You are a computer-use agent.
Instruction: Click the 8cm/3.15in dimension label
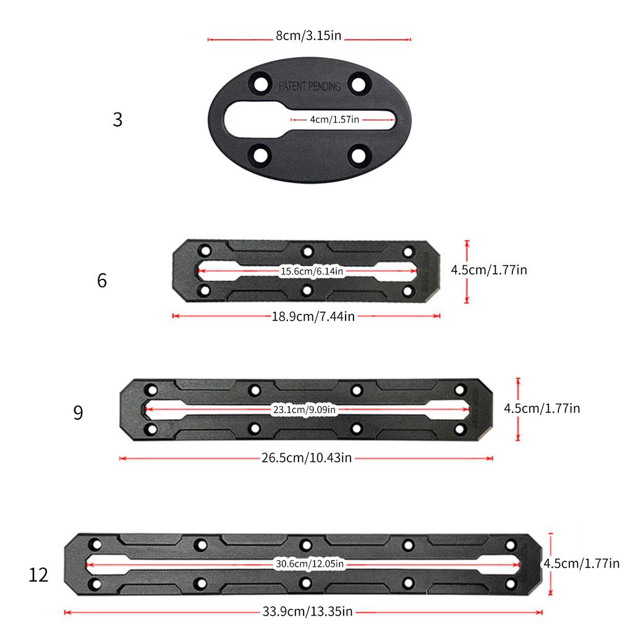pos(308,36)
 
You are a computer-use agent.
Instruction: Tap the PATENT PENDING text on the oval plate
pos(309,87)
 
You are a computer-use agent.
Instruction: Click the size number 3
pos(117,120)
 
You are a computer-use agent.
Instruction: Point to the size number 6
pos(102,281)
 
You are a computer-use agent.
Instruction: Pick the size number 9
pos(78,413)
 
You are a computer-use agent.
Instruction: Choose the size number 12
pos(38,576)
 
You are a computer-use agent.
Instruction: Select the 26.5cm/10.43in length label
pos(306,458)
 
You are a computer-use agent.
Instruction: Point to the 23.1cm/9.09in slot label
pos(304,409)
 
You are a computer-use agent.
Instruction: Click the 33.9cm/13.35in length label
pos(307,612)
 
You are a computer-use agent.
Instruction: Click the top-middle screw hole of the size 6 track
pos(307,251)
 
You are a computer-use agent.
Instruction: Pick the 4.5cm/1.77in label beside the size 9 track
pos(542,408)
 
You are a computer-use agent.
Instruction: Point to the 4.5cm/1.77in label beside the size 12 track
pos(580,563)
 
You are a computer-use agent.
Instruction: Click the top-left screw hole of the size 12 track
pos(95,545)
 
